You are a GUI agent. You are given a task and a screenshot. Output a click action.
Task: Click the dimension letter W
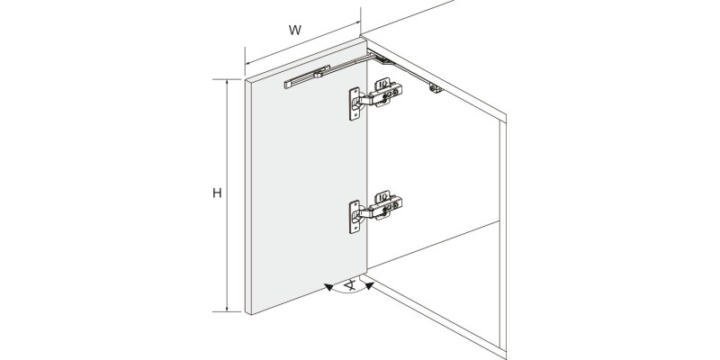pos(295,31)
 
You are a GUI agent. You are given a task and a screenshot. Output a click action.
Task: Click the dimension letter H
pos(217,193)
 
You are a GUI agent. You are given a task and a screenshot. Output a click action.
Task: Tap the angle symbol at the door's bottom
pos(351,285)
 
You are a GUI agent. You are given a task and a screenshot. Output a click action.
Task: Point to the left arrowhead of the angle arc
pos(328,287)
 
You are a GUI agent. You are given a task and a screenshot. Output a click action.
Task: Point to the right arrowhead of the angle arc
pos(370,286)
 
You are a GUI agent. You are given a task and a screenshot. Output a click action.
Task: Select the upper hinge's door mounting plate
pos(354,104)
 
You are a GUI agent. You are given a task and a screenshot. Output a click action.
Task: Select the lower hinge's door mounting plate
pos(354,217)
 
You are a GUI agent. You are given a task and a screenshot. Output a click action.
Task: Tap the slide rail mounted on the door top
pos(307,76)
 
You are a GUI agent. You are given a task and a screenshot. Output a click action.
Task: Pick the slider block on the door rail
pos(318,74)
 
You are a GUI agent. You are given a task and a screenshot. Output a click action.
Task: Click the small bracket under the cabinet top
pos(436,87)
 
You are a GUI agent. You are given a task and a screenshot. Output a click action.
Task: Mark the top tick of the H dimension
pos(227,79)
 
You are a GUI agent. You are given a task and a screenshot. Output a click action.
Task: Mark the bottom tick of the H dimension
pos(227,311)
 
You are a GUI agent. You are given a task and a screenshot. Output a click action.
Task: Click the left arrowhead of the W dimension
pos(248,62)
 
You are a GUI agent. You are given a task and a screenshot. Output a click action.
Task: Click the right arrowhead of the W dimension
pos(356,23)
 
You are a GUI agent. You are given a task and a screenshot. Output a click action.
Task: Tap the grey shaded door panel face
pos(309,179)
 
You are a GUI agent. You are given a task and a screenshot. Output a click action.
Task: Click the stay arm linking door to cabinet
pos(349,63)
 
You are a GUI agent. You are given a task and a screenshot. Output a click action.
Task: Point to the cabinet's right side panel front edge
pos(503,237)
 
